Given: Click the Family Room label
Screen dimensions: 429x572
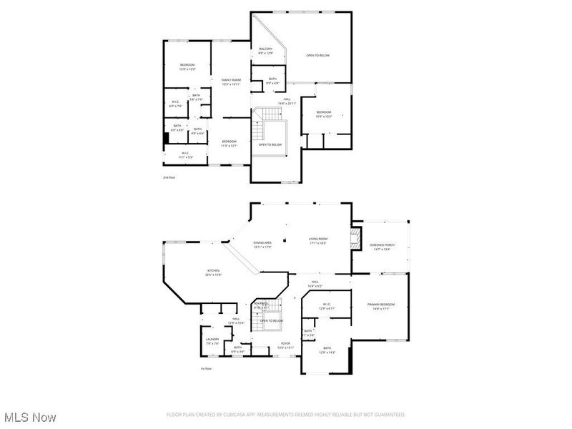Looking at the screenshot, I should [x=230, y=82].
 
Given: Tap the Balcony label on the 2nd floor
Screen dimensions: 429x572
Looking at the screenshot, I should [x=265, y=51].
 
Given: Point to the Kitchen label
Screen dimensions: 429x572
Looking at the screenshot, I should [x=214, y=272].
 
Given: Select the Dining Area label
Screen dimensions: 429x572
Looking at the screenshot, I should [x=262, y=245].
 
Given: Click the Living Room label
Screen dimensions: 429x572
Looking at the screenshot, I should [x=317, y=241].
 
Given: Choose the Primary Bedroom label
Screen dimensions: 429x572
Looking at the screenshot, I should [x=381, y=306].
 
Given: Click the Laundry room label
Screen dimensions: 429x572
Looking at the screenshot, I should [x=212, y=340].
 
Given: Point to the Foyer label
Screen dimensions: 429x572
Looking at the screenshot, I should [x=285, y=345].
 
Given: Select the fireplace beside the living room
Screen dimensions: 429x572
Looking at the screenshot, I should [x=354, y=239].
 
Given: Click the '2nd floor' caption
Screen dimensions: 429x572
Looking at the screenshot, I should [x=168, y=177].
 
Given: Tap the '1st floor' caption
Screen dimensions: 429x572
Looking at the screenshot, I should [x=206, y=368].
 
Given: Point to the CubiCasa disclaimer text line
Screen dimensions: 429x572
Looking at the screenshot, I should [x=286, y=415].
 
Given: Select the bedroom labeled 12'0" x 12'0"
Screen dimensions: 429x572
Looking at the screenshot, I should [x=187, y=67].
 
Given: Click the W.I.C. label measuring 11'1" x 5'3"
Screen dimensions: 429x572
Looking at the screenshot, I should [x=184, y=154].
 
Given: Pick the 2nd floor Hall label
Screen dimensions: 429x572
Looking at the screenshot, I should [x=287, y=101].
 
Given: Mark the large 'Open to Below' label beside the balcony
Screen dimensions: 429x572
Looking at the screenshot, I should [x=318, y=55].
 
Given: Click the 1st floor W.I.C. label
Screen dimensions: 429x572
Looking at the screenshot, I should [x=326, y=306].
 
